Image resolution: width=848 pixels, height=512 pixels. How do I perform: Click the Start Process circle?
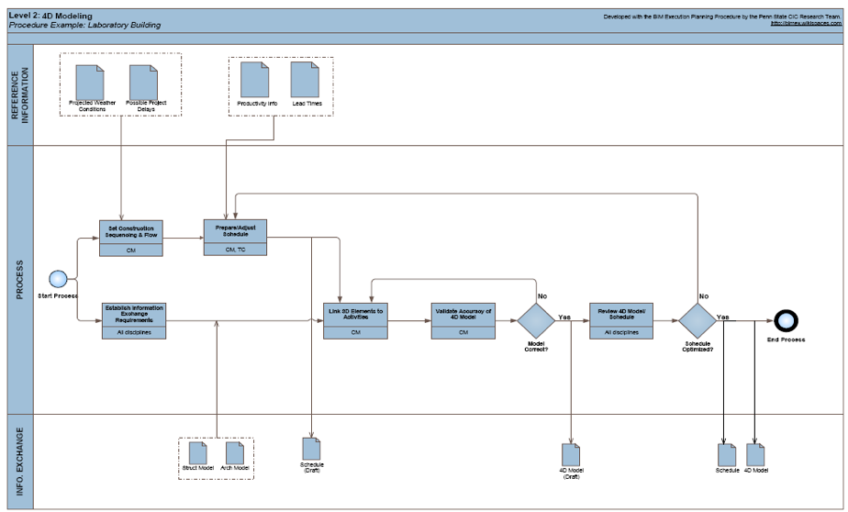pos(58,279)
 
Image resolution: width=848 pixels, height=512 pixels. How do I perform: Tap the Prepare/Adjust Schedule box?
pos(236,237)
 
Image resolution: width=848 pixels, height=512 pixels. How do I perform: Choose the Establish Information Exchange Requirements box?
pos(133,321)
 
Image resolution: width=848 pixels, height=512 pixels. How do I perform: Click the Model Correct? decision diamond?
pos(537,320)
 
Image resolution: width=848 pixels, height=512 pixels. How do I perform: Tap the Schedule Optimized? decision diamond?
pos(697,320)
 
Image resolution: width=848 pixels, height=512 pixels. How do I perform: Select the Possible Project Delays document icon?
pos(143,81)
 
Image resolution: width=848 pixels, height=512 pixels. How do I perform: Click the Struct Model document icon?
pos(196,452)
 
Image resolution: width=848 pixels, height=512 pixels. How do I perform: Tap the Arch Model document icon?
pos(235,452)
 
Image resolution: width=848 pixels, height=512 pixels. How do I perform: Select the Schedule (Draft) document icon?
pos(312,447)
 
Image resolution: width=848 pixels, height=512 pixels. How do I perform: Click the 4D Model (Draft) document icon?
pos(571,453)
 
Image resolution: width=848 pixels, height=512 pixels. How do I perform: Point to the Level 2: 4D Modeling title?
pos(44,16)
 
